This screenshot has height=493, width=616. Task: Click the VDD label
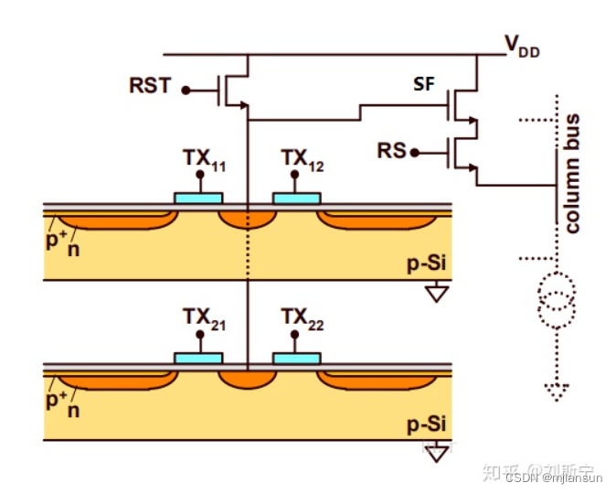click(523, 45)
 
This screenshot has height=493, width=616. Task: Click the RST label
click(150, 87)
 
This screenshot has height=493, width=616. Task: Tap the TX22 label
click(304, 318)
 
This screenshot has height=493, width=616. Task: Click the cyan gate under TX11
click(198, 197)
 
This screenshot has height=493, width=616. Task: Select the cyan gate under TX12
click(297, 197)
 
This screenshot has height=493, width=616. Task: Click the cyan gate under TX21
click(198, 357)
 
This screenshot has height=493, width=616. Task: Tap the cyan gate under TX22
click(297, 357)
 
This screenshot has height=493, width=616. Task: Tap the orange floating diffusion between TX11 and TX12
click(248, 219)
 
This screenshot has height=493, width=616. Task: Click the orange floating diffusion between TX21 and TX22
click(248, 379)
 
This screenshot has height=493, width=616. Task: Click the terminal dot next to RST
click(186, 90)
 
